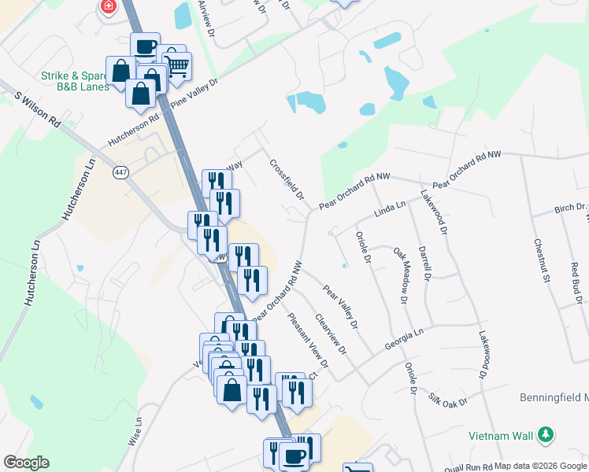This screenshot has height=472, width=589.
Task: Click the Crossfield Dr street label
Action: pos(287,180)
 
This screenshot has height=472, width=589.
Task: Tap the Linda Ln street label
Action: pos(389,208)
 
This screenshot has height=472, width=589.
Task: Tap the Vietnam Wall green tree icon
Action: pos(545,433)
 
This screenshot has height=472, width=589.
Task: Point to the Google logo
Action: pos(26,463)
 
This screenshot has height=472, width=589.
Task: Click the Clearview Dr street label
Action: pos(331,334)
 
